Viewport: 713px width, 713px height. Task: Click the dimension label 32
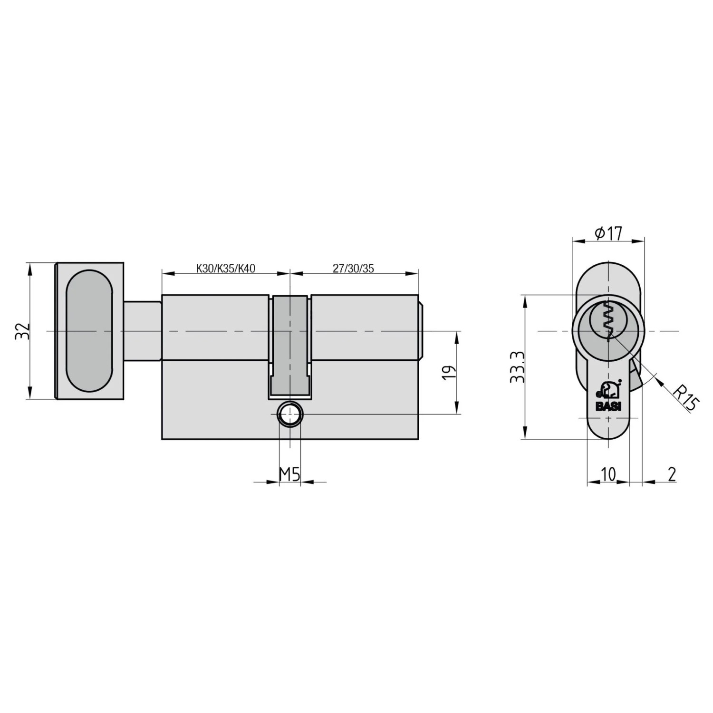coord(22,331)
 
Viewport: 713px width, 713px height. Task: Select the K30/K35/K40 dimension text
coord(225,269)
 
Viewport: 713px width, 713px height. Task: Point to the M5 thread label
coord(289,474)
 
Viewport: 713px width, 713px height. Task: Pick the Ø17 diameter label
coord(608,233)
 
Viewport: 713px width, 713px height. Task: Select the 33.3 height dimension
coord(517,367)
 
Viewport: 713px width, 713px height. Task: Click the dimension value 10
coord(608,474)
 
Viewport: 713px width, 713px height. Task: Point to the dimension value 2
coord(672,474)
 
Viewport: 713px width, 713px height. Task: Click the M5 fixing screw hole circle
coord(289,414)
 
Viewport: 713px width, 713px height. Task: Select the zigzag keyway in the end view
coord(608,321)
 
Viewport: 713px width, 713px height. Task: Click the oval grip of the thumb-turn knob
coord(89,331)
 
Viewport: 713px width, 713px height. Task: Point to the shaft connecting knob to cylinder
coord(143,331)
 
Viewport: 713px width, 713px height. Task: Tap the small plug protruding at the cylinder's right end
coord(421,331)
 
